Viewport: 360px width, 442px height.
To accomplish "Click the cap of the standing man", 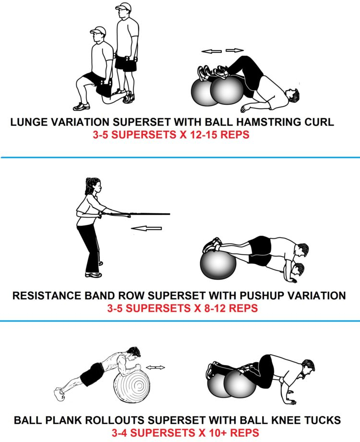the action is (124, 6).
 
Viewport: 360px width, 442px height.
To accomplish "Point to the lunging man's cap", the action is (98, 30).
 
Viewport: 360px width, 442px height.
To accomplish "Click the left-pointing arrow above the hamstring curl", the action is (212, 51).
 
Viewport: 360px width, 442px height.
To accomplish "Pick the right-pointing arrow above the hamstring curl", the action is (235, 50).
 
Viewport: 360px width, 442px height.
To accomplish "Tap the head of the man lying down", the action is (292, 95).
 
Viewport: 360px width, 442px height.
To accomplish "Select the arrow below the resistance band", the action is (146, 228).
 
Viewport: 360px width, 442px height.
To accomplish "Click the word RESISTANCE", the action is (47, 295).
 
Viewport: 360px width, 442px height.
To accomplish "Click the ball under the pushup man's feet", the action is (218, 265).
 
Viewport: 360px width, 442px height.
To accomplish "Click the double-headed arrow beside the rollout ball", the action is (156, 368).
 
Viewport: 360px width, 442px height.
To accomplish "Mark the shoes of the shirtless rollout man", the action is (60, 394).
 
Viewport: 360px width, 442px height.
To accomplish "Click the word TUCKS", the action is (323, 420).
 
